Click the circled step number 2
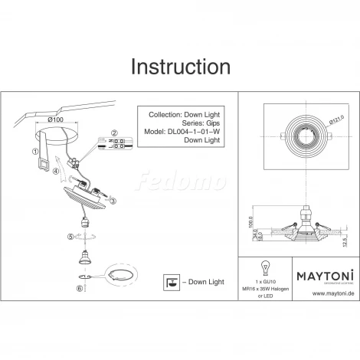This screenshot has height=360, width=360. click(115, 132)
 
